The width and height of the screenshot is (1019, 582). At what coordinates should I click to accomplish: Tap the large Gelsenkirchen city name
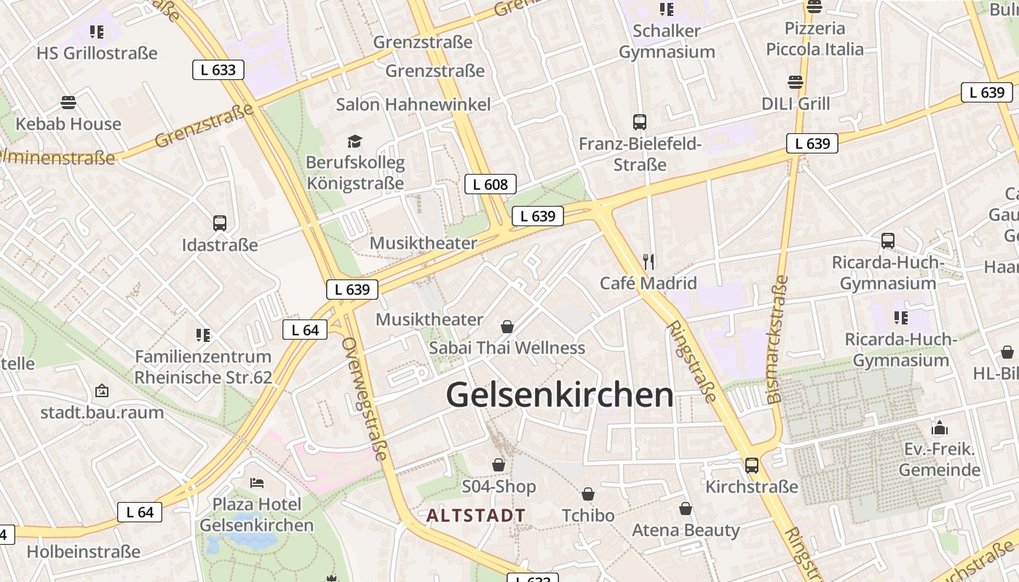pyautogui.click(x=560, y=395)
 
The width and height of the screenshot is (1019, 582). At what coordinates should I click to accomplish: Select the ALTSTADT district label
pyautogui.click(x=476, y=516)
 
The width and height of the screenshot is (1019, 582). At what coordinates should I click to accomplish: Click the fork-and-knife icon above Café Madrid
pyautogui.click(x=649, y=261)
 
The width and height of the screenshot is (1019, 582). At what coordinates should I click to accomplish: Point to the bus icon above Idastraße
pyautogui.click(x=220, y=223)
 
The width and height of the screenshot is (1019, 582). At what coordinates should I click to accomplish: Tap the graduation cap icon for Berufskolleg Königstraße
pyautogui.click(x=354, y=141)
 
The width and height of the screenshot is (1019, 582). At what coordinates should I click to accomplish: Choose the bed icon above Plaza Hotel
pyautogui.click(x=256, y=482)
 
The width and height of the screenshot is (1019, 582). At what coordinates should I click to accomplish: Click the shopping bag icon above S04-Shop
pyautogui.click(x=499, y=464)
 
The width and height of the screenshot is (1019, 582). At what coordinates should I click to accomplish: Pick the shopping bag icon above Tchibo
pyautogui.click(x=588, y=494)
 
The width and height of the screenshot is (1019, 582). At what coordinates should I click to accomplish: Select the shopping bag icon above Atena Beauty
pyautogui.click(x=685, y=509)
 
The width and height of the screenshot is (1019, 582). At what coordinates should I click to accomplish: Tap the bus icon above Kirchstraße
pyautogui.click(x=752, y=465)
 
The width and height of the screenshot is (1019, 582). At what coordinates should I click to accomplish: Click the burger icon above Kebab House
pyautogui.click(x=68, y=103)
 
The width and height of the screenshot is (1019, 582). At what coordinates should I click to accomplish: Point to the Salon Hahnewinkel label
pyautogui.click(x=413, y=104)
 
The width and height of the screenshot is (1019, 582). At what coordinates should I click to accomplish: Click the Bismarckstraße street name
pyautogui.click(x=777, y=339)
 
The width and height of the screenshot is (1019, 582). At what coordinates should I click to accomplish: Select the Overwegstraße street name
pyautogui.click(x=363, y=399)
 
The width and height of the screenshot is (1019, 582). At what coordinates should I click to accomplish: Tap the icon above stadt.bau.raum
pyautogui.click(x=102, y=391)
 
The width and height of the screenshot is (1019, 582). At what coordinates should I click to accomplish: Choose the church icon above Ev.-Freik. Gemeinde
pyautogui.click(x=940, y=428)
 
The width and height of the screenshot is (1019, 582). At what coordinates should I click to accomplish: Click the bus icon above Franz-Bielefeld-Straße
pyautogui.click(x=640, y=122)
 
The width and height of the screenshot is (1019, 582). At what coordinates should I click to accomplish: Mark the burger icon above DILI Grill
pyautogui.click(x=796, y=82)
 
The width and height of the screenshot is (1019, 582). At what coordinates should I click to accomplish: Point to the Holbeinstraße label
pyautogui.click(x=83, y=552)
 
